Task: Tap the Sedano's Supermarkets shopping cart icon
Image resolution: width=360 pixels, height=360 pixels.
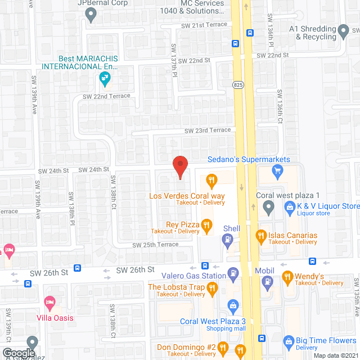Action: click(276, 174)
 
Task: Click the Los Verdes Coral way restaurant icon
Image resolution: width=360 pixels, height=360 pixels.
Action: click(211, 181)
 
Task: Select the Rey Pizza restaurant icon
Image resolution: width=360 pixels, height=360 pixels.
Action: click(206, 226)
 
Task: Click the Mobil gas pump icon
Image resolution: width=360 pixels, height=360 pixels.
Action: click(268, 282)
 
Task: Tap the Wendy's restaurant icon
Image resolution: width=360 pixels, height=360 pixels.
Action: click(287, 276)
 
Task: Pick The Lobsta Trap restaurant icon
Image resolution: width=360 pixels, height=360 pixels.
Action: click(212, 290)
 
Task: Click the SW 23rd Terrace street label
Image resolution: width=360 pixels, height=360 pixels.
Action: click(208, 130)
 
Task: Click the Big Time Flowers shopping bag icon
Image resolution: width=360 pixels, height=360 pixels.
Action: click(289, 341)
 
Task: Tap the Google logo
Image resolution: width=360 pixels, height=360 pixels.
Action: click(18, 353)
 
